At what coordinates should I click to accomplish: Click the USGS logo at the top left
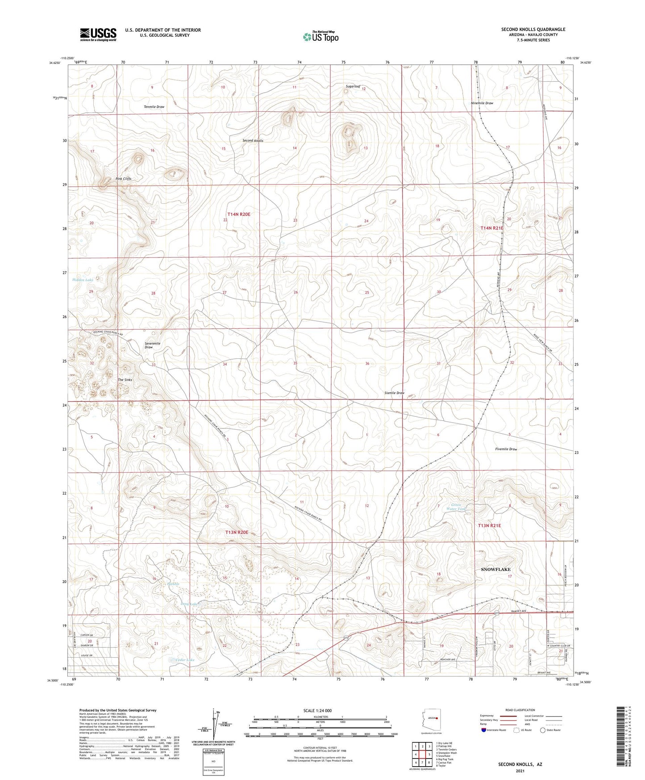98,34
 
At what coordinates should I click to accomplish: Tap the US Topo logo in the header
320,37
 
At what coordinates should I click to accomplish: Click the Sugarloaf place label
353,86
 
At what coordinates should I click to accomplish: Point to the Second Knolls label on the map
253,141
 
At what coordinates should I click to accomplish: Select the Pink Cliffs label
124,179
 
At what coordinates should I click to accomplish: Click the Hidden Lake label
83,280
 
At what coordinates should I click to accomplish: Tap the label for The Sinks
125,380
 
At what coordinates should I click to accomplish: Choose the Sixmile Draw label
394,393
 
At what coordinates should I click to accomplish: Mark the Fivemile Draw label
506,449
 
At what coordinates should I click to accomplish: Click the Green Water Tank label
456,507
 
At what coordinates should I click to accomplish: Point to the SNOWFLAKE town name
495,570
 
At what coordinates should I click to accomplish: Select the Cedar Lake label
185,660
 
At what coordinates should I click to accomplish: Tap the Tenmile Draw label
154,107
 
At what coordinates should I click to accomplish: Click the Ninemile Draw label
482,103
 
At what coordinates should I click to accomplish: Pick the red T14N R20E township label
239,214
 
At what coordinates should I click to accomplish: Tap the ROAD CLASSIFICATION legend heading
520,710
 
